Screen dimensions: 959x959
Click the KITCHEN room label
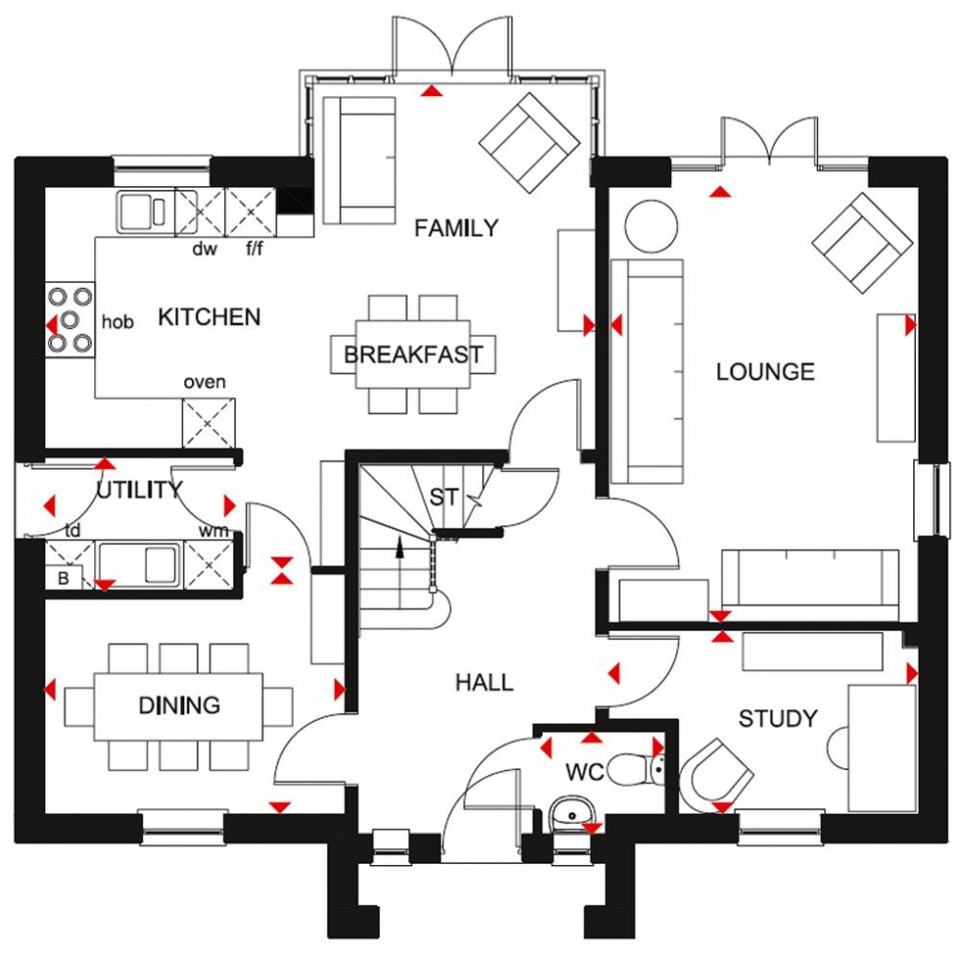pos(209,317)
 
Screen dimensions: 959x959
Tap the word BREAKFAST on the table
pos(413,354)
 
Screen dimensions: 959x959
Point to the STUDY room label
pos(777,719)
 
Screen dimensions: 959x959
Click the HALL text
pos(484,682)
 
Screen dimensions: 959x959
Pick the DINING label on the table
pos(178,706)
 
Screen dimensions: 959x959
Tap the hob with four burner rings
pos(69,318)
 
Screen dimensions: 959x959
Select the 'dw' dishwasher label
pos(204,250)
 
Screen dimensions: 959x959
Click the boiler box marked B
pos(64,577)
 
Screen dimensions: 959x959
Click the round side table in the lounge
pos(650,225)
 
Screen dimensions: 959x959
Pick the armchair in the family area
pos(528,142)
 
